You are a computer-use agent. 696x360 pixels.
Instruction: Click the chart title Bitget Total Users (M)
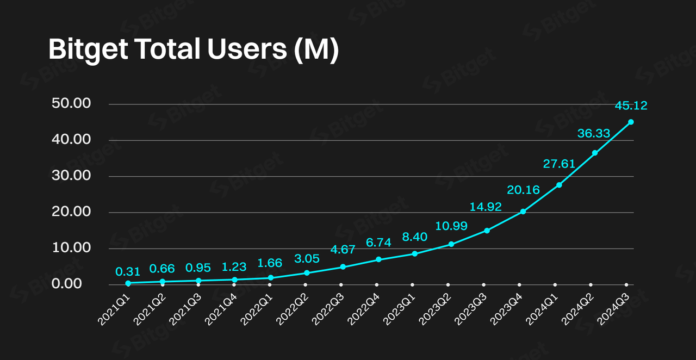click(194, 49)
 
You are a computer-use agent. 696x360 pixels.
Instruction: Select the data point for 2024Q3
click(631, 122)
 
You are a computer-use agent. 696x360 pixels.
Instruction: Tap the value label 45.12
click(631, 105)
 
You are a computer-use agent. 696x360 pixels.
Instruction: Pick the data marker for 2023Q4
click(523, 211)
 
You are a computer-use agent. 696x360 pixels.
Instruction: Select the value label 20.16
click(523, 190)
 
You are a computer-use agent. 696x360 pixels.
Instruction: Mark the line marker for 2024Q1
click(559, 185)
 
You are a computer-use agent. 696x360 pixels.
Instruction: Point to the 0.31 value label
click(128, 271)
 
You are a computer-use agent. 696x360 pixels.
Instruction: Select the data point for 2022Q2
click(307, 272)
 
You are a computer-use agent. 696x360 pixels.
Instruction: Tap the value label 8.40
click(414, 237)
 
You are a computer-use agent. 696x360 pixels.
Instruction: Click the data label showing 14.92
click(486, 207)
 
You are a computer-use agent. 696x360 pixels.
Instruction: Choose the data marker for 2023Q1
click(414, 253)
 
